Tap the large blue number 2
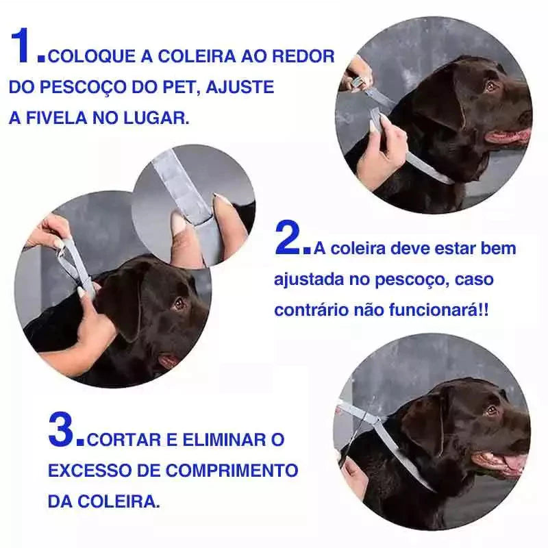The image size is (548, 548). point(290,238)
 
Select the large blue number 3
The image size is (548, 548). point(64,429)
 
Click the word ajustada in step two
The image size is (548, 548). point(308,279)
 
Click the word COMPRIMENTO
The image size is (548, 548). point(232,471)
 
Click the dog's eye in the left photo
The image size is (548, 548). point(179,303)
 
